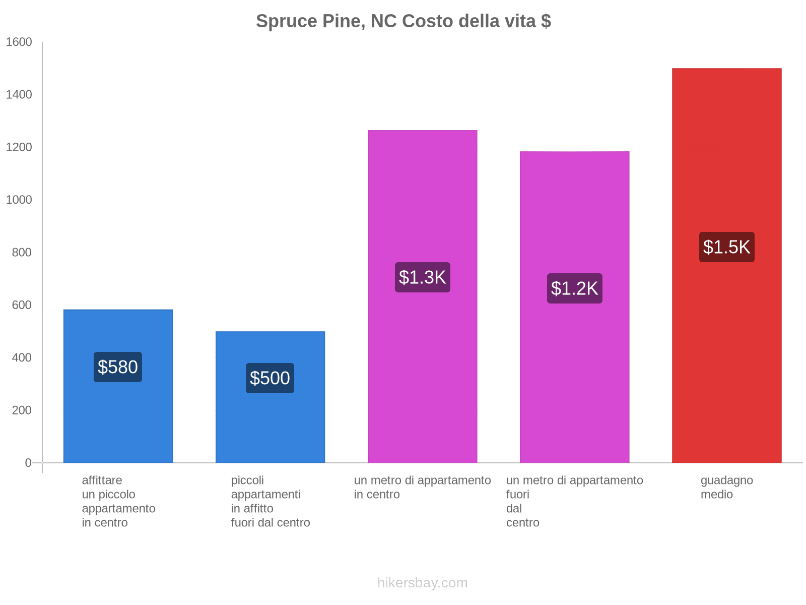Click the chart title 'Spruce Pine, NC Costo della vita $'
point(403,21)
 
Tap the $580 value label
point(118,367)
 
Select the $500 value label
point(270,378)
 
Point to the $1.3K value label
point(422,277)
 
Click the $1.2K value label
point(574,288)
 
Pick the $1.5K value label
point(726,247)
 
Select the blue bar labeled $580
point(118,423)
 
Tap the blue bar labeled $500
point(270,429)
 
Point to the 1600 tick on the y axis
point(19,42)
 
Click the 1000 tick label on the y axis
point(19,200)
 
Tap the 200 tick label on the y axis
point(22,410)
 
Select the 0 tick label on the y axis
point(28,463)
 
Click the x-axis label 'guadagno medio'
point(726,488)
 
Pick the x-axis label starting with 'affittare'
point(118,501)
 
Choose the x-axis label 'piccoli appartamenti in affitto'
point(270,501)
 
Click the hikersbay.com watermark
point(422,583)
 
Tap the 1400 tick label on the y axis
point(19,95)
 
